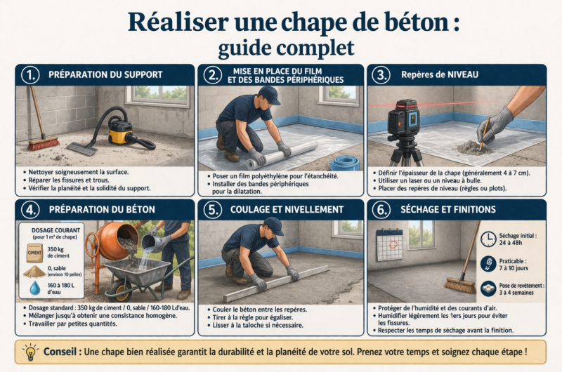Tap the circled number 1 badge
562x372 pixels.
click(30, 75)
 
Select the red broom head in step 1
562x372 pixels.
click(44, 143)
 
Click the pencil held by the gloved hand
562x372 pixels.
click(485, 133)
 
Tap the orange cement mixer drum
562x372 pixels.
click(117, 241)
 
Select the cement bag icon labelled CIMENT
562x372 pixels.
click(34, 253)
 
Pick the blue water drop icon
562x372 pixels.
click(34, 288)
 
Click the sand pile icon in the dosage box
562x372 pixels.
click(34, 272)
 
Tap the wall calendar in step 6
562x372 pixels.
click(390, 245)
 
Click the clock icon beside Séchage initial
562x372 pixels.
click(488, 239)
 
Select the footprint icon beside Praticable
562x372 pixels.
click(488, 264)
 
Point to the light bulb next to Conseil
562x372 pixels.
click(30, 352)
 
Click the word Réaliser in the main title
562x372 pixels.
click(178, 22)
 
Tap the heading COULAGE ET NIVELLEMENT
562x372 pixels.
click(287, 209)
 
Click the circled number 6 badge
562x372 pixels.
click(381, 210)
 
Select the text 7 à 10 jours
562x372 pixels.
click(514, 268)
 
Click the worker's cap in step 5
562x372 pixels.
click(273, 225)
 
